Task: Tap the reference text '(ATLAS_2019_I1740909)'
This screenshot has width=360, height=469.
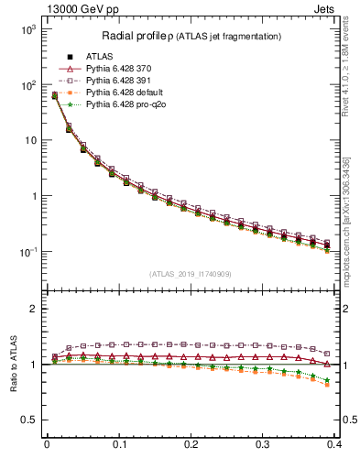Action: click(x=191, y=274)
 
